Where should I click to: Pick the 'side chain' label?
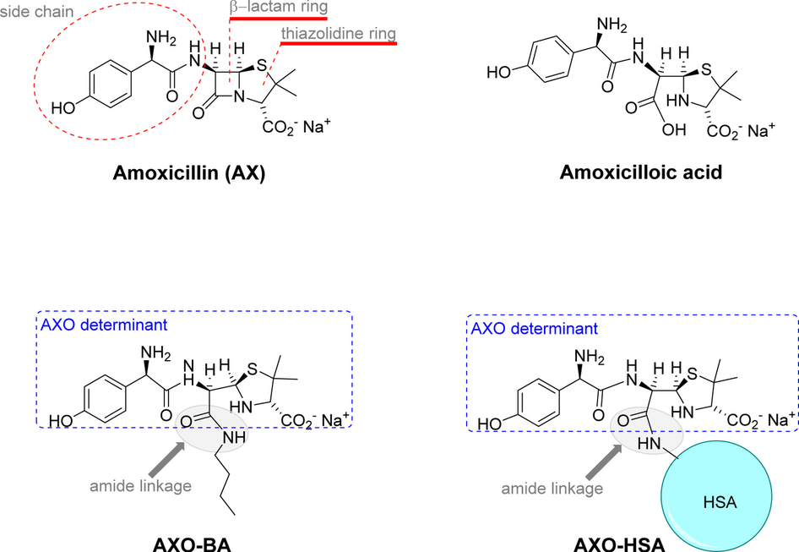pyautogui.click(x=39, y=16)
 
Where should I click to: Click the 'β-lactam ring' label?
pyautogui.click(x=278, y=7)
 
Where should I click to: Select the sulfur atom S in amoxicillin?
pyautogui.click(x=264, y=64)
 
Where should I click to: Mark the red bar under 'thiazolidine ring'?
pyautogui.click(x=338, y=43)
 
